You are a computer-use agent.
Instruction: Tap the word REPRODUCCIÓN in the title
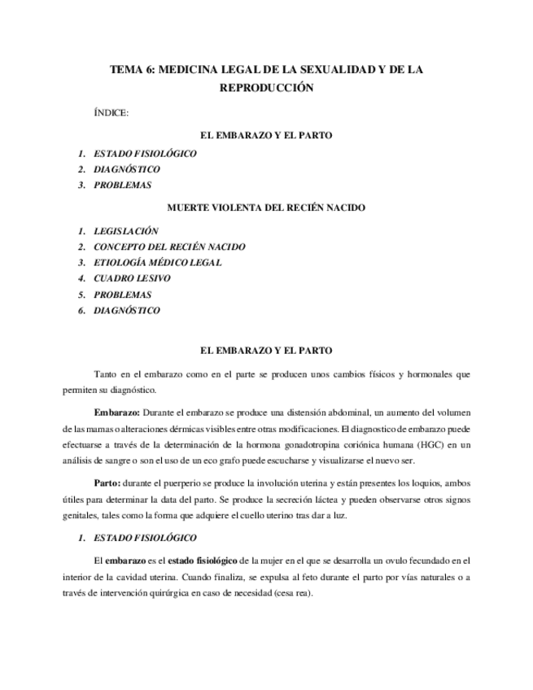tap(266, 87)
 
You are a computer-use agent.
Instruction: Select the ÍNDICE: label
tap(111, 113)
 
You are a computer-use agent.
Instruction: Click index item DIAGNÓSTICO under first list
tap(127, 169)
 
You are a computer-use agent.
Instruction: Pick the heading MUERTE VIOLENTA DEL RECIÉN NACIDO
tap(266, 207)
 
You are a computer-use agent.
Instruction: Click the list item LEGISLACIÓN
tap(125, 231)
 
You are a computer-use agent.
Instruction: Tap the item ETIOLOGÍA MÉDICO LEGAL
tap(157, 262)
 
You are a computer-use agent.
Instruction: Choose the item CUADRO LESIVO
tap(132, 278)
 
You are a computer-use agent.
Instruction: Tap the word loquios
tap(422, 483)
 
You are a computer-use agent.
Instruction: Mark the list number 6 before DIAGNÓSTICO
tap(81, 310)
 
